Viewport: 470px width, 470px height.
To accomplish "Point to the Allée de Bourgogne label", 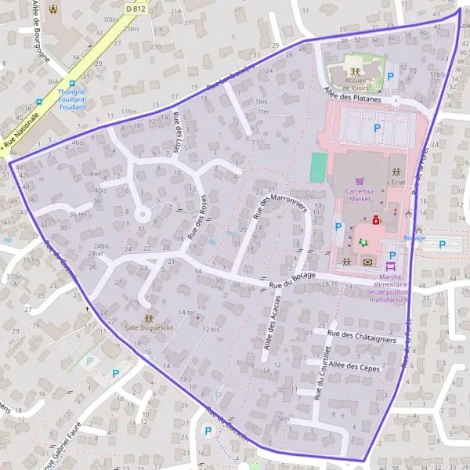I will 42,31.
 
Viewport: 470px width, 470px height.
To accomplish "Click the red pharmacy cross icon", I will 376,221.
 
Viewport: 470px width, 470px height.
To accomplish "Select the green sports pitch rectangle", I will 317,167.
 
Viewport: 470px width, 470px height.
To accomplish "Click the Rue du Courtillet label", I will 319,374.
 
